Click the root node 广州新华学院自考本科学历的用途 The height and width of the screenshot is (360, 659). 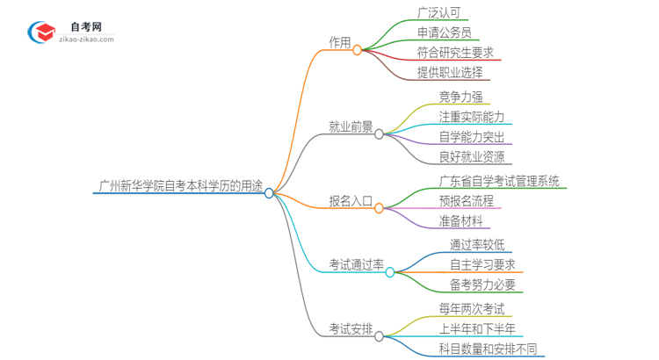coord(181,185)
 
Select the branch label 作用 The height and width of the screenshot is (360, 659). coord(339,42)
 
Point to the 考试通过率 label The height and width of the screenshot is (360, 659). coord(356,264)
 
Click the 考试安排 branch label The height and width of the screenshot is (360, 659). coord(351,328)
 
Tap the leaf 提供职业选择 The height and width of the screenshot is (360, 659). coord(450,72)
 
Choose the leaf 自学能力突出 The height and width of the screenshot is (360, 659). coord(473,137)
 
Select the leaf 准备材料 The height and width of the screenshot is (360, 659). coord(460,220)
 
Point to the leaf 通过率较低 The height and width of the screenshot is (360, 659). coord(477,245)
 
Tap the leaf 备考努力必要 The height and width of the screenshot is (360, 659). coord(482,284)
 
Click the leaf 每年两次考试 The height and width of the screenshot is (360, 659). coord(472,309)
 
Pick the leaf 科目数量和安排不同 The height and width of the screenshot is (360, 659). coord(488,349)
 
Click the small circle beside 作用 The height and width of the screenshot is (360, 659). coord(357,50)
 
